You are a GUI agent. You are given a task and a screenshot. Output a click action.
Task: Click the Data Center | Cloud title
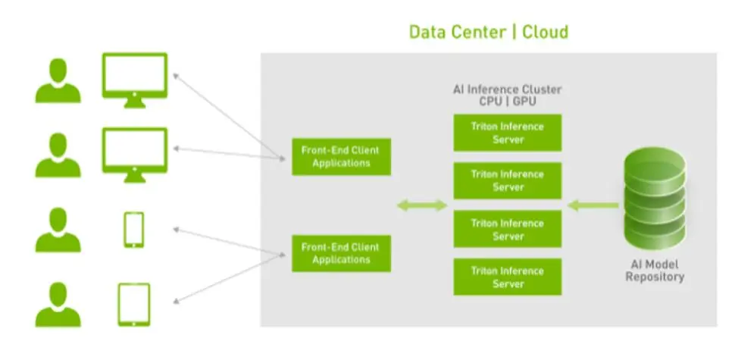click(488, 32)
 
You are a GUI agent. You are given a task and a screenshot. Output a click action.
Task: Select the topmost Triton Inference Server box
click(508, 133)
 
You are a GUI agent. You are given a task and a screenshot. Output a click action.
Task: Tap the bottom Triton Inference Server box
click(508, 277)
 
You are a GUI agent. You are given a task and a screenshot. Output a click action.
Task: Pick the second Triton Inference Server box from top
click(508, 180)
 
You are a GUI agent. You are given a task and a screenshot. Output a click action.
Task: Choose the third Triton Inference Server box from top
click(508, 229)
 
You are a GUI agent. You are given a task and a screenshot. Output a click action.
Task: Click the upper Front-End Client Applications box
click(341, 156)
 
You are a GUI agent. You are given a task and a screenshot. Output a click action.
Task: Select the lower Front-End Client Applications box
click(341, 253)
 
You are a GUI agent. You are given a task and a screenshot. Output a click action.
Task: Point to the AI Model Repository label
click(655, 271)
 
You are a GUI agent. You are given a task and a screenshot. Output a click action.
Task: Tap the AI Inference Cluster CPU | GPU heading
click(508, 95)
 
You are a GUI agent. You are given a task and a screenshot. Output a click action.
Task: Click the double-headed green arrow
click(422, 205)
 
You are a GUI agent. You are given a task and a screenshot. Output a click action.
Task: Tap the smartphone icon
click(134, 230)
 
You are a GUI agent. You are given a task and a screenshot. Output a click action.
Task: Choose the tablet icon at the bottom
click(134, 304)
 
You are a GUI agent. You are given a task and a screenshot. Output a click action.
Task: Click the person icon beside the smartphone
click(58, 230)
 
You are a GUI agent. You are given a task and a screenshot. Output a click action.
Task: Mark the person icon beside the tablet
click(58, 305)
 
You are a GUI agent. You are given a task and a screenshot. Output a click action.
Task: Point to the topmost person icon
click(58, 80)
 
